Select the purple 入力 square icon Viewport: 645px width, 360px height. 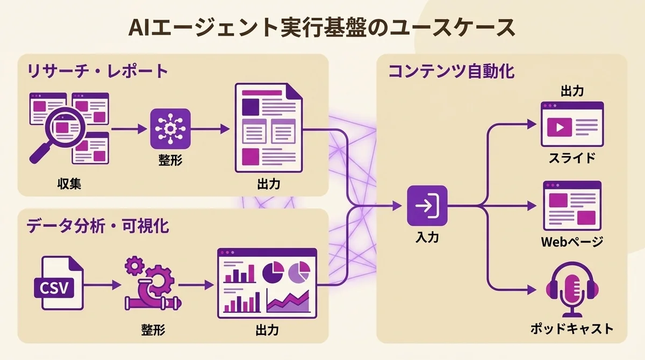click(427, 206)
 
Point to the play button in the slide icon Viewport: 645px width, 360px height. click(557, 128)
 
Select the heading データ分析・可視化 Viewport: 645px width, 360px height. click(97, 226)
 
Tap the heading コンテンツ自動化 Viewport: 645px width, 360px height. click(451, 71)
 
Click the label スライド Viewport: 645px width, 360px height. click(571, 159)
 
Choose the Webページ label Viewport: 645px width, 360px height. click(571, 242)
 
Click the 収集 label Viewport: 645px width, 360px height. click(69, 184)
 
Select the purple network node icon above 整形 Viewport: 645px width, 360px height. click(170, 128)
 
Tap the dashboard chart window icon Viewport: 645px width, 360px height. click(267, 283)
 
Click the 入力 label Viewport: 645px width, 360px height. click(427, 236)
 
